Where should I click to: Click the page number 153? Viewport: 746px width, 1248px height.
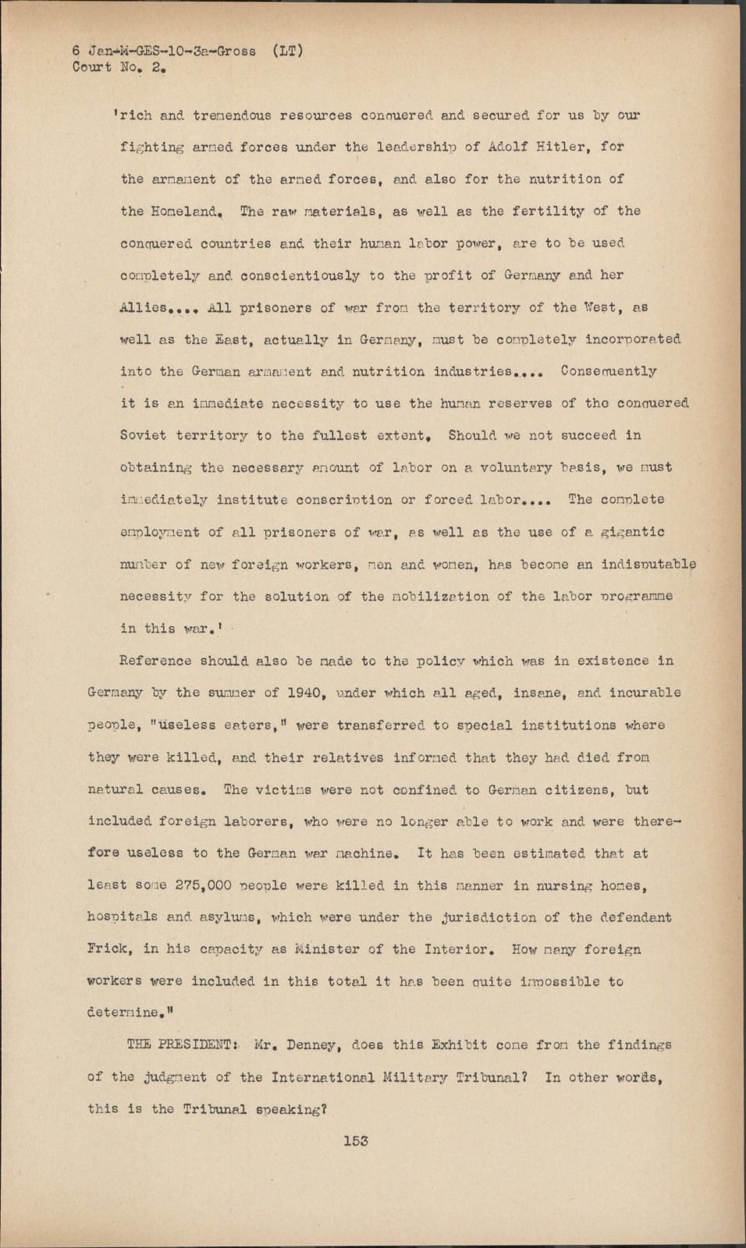click(x=355, y=1140)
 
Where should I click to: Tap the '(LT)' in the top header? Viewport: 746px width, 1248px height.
click(x=289, y=51)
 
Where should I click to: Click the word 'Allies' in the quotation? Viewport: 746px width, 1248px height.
click(x=144, y=307)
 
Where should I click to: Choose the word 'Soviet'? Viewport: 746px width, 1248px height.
click(x=144, y=435)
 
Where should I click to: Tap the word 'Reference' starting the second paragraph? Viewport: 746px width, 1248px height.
click(x=155, y=661)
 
